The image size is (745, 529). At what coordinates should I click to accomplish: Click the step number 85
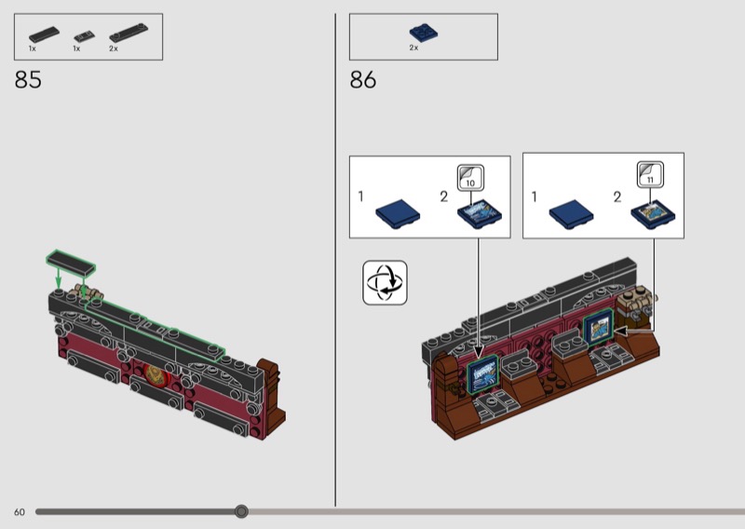click(x=28, y=80)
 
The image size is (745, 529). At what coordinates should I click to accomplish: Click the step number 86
click(x=363, y=80)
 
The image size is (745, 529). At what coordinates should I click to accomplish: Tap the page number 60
click(x=20, y=512)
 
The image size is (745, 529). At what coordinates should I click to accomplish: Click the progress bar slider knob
click(x=241, y=511)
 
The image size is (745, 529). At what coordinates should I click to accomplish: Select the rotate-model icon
click(x=385, y=282)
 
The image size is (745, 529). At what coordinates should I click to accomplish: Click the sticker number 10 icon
click(x=470, y=178)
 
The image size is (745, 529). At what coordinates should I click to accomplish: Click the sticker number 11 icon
click(x=650, y=174)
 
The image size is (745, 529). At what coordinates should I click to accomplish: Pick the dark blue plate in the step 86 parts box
click(x=424, y=34)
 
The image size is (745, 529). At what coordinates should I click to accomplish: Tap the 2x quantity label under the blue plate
click(x=413, y=48)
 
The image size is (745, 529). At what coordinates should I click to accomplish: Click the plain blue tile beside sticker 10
click(x=398, y=214)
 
